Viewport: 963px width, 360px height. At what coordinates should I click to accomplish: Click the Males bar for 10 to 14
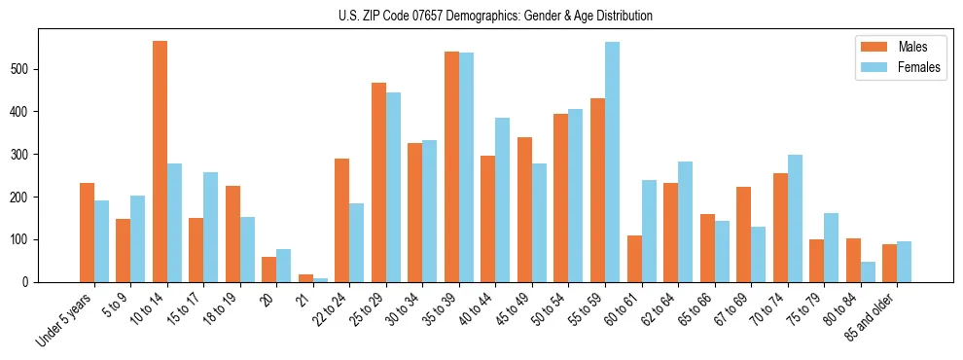click(160, 162)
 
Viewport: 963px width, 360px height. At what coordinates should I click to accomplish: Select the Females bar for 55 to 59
click(612, 162)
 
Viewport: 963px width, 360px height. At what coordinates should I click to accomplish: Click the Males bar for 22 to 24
click(342, 220)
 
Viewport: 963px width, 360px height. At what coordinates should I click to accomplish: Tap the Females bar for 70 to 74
click(795, 218)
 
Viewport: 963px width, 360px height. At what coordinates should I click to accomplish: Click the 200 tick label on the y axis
click(28, 197)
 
